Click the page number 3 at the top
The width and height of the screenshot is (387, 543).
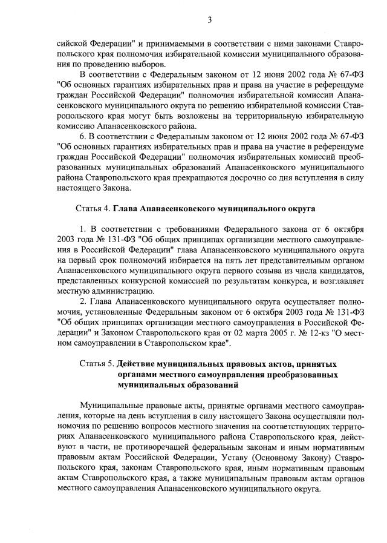click(x=209, y=20)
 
